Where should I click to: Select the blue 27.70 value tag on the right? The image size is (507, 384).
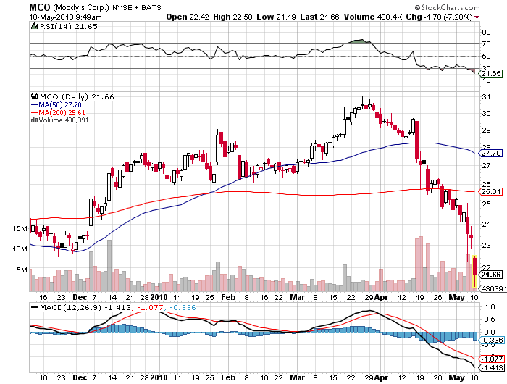tap(491, 154)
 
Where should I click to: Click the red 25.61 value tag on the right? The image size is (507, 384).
tap(491, 191)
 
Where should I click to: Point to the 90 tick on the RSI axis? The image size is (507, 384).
tap(486, 31)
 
